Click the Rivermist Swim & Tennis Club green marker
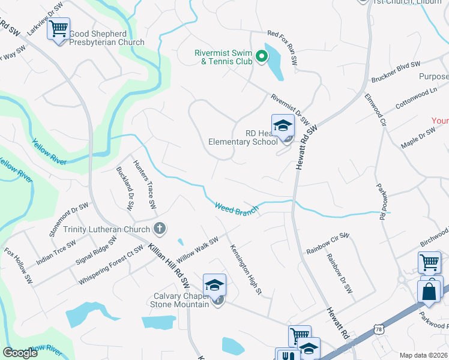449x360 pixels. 262,57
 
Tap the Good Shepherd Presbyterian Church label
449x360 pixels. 107,38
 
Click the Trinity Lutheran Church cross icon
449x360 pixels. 159,228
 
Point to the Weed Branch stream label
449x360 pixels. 237,208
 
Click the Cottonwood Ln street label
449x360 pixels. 416,98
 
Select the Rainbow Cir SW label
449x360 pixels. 327,242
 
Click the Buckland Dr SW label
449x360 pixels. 124,188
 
